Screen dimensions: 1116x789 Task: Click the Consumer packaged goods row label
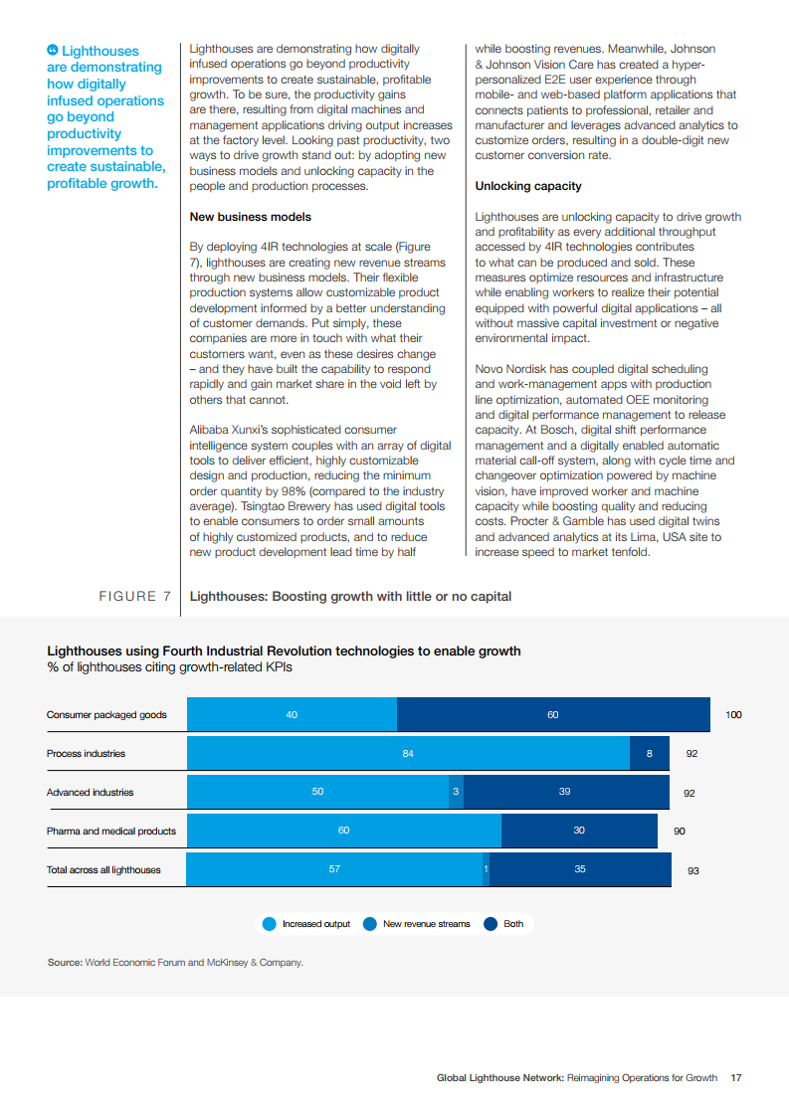pos(106,715)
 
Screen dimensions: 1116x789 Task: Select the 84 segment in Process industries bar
pos(408,753)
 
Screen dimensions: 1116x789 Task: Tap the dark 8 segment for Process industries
pos(650,753)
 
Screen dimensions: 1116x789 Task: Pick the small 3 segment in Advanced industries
pos(456,792)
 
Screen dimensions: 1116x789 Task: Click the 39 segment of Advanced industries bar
pos(565,792)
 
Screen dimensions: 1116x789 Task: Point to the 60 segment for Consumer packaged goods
pos(553,715)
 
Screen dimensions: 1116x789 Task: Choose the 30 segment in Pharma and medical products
pos(579,831)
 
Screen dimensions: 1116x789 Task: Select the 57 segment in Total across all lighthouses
pos(334,869)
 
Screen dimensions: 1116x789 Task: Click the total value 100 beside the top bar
pos(733,715)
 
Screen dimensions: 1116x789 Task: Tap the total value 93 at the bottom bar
pos(693,870)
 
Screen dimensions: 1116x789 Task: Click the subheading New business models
pos(250,217)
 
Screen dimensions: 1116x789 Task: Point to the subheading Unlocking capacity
pos(528,186)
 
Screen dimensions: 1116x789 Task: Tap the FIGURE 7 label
pos(134,597)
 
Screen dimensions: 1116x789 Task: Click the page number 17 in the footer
pos(736,1077)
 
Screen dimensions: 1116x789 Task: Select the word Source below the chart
pos(64,963)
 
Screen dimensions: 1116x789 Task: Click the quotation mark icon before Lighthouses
pos(53,51)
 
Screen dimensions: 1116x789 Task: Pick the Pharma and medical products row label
pos(110,831)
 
